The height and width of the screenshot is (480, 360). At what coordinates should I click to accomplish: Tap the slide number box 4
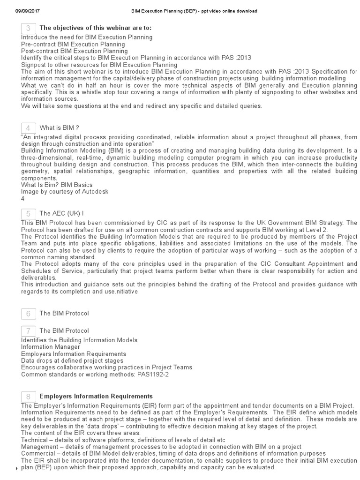(29, 128)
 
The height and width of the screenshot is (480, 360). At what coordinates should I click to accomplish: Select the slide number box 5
(29, 213)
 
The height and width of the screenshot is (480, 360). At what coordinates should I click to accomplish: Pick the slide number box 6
(29, 313)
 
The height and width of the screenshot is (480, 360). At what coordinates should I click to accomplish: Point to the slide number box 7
(29, 331)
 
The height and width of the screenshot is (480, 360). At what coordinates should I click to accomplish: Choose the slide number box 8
(29, 397)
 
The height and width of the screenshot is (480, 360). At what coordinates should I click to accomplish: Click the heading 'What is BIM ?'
(59, 128)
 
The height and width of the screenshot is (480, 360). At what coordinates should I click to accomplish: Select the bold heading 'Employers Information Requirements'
(96, 397)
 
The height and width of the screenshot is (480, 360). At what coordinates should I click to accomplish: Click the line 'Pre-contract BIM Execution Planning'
(73, 44)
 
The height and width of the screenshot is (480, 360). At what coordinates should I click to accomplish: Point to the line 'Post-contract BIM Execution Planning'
(75, 51)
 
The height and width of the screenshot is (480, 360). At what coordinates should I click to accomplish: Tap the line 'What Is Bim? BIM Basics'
(57, 185)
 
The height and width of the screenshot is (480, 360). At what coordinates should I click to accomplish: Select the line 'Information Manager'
(51, 347)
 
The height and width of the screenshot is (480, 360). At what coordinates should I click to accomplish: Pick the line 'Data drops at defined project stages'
(72, 360)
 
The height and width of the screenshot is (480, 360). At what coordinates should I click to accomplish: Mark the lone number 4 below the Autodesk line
(23, 199)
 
